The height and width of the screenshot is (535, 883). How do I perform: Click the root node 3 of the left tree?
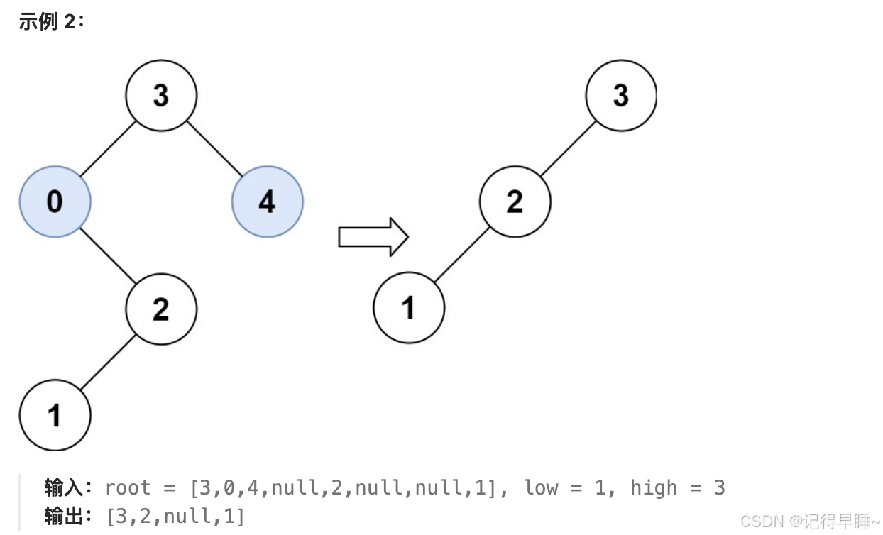161,95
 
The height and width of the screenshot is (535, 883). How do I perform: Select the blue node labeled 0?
55,202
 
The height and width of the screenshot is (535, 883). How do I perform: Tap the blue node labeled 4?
267,202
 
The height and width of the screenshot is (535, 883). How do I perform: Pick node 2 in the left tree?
161,309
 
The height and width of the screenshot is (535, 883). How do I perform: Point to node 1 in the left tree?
55,415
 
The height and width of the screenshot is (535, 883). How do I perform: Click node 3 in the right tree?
621,95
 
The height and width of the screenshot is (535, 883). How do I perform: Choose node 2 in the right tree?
515,202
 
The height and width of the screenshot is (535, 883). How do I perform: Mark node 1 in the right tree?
409,308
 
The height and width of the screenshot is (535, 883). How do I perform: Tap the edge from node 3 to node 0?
108,148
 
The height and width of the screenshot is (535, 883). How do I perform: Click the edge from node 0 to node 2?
108,255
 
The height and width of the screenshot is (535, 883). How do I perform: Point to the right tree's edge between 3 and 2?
568,148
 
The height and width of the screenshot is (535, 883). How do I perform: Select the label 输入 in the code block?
64,488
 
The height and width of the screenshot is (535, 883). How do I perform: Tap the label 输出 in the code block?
64,517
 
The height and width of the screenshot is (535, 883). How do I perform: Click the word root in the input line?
128,488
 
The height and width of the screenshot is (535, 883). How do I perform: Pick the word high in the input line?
653,488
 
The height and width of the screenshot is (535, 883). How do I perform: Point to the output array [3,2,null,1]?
175,517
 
